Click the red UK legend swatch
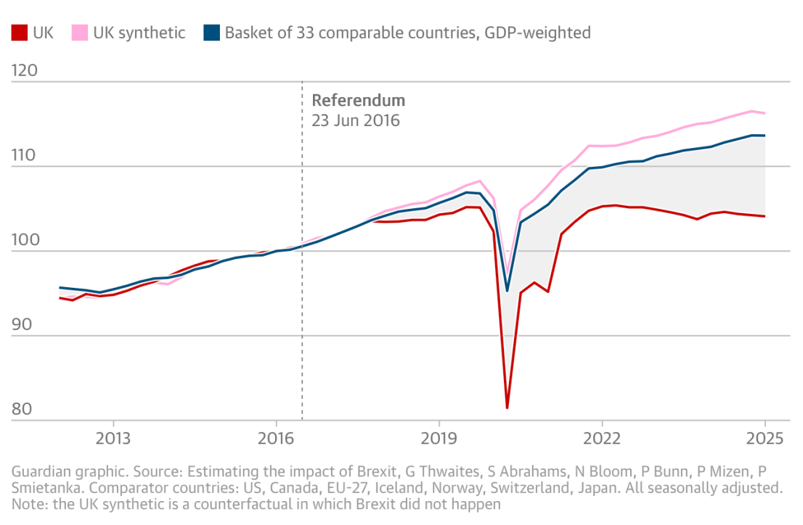point(20,33)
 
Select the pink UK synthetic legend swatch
point(80,33)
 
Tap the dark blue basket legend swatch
point(211,33)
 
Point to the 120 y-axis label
point(25,70)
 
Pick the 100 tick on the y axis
point(25,239)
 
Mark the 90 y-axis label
point(22,324)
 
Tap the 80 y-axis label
point(22,410)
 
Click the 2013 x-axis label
point(113,439)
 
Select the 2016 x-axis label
point(276,439)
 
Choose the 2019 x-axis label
point(439,439)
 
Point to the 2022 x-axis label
point(603,439)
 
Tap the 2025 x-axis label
point(765,439)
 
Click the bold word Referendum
point(359,100)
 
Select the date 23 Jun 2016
point(356,121)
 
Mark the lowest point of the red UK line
point(507,408)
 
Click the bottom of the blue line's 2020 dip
point(507,291)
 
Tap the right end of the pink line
point(765,113)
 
